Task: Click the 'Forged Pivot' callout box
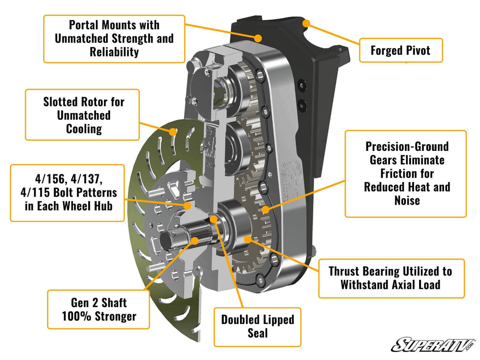click(x=401, y=50)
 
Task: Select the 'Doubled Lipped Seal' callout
click(x=257, y=327)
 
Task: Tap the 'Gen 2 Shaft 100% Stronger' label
click(x=99, y=309)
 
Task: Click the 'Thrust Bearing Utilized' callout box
click(x=391, y=278)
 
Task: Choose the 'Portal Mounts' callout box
click(x=114, y=38)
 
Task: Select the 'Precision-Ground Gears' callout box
click(x=406, y=173)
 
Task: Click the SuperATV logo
click(x=433, y=345)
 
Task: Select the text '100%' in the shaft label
click(x=78, y=316)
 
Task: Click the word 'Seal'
click(x=257, y=333)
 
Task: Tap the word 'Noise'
click(x=406, y=201)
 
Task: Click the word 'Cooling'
click(x=83, y=128)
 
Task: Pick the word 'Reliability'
click(x=114, y=52)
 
